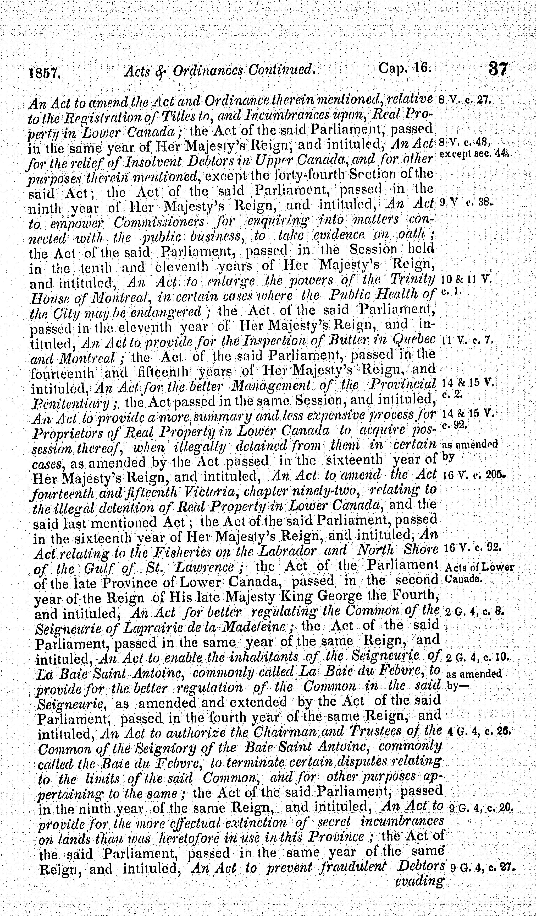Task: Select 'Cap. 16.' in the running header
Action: click(405, 68)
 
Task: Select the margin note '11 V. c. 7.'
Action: click(466, 342)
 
